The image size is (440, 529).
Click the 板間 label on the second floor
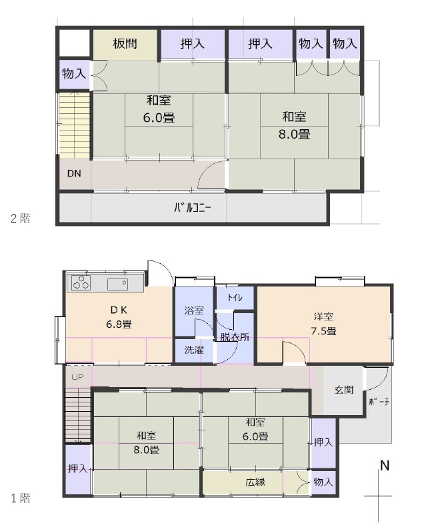[125, 43]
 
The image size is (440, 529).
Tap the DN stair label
[74, 173]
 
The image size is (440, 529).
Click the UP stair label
[77, 377]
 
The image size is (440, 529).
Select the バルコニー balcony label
[193, 207]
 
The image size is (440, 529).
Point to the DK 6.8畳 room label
[119, 317]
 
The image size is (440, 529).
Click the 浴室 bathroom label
[194, 310]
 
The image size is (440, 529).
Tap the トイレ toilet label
[235, 297]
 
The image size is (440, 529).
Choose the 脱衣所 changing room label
[235, 336]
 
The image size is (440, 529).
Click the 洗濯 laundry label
[194, 350]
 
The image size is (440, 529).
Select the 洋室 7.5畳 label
[323, 324]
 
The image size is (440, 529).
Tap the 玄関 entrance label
[344, 390]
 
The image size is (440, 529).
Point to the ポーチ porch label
[379, 402]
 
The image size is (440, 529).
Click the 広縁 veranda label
[255, 482]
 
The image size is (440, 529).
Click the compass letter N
[385, 466]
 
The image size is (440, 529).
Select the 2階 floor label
[20, 219]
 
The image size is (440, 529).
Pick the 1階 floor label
[20, 498]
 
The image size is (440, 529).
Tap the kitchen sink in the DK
[117, 284]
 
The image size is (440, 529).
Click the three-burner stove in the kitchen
[81, 283]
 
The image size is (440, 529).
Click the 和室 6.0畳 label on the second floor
[159, 109]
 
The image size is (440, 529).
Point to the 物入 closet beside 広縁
[323, 482]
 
